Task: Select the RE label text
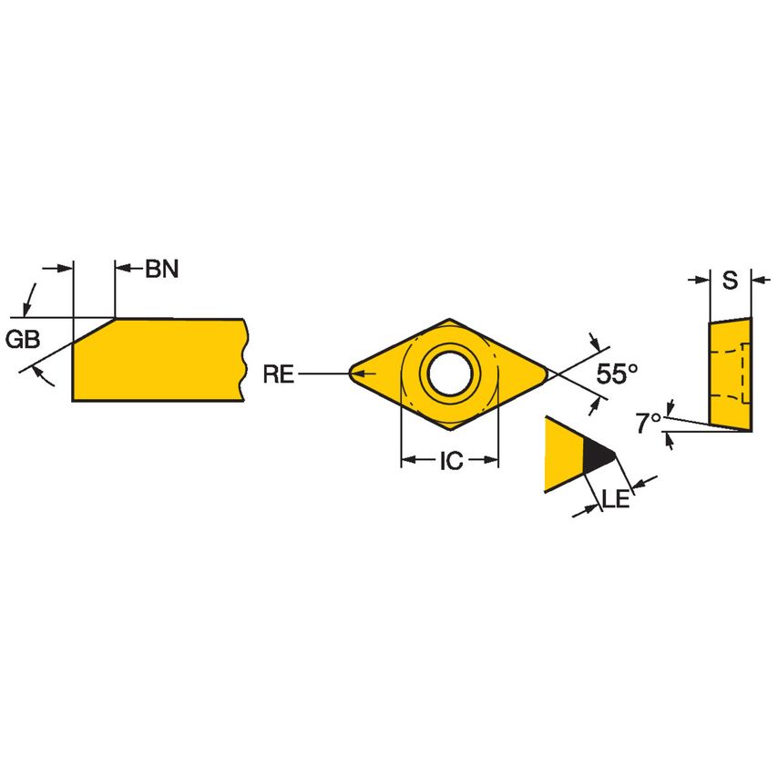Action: point(278,373)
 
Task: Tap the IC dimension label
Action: point(450,461)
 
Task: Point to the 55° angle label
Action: point(617,373)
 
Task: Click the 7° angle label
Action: point(648,423)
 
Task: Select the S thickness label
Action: point(730,282)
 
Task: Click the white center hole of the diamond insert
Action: point(450,373)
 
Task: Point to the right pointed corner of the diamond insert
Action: point(548,372)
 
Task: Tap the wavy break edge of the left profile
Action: point(244,359)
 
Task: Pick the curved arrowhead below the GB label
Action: point(36,370)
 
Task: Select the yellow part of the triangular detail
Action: point(561,455)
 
